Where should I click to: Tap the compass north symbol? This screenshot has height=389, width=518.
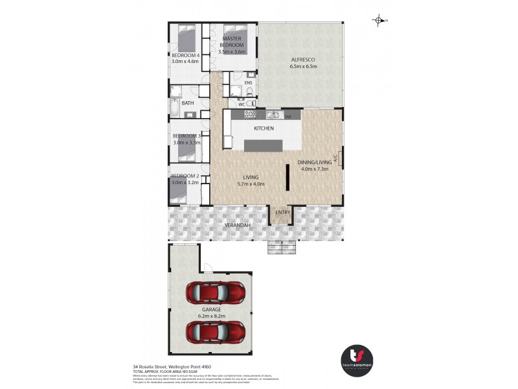coord(379,21)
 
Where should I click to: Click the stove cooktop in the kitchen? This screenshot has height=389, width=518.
coord(250,115)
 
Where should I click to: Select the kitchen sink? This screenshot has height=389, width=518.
coord(274,115)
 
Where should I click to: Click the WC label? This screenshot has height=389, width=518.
coord(242,104)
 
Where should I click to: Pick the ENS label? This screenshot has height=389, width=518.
coord(248,82)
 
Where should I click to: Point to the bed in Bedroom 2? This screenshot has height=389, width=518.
coord(186,195)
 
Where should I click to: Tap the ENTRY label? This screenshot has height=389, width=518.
coord(282,213)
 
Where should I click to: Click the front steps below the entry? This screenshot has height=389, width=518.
coord(282,247)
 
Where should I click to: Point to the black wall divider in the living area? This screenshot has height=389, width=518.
coord(287,176)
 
